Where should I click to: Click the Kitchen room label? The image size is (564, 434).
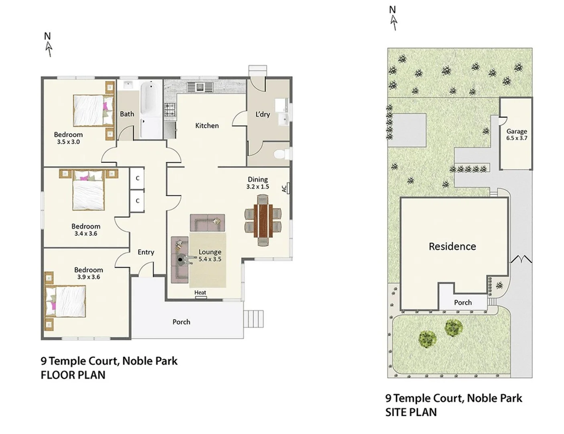(207, 126)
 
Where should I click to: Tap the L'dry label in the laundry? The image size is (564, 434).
(263, 115)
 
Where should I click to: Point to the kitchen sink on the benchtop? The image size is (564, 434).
(200, 86)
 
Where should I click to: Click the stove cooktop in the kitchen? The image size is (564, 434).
(170, 110)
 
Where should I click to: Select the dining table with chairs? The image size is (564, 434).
(263, 221)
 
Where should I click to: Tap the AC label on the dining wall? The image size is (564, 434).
(285, 188)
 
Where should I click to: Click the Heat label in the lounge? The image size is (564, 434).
(200, 293)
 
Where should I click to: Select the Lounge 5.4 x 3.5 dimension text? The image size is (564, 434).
(210, 259)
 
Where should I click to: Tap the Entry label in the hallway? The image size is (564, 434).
(146, 252)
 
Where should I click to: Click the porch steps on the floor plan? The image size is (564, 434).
(254, 319)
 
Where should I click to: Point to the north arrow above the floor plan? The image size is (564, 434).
(48, 45)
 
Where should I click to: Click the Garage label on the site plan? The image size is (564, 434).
(516, 131)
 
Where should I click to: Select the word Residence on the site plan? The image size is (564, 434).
(452, 246)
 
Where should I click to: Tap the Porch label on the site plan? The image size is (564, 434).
(462, 303)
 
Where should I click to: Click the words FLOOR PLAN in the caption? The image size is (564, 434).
(73, 375)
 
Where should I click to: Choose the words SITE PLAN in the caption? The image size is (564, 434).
(411, 412)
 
